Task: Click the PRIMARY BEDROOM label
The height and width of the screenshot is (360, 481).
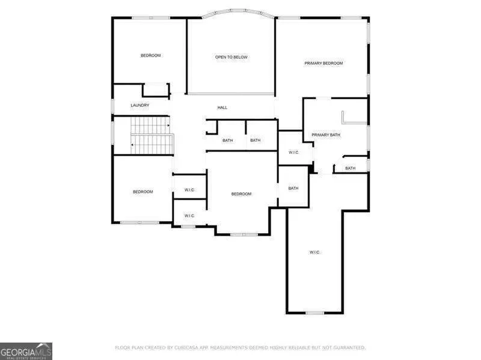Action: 323,63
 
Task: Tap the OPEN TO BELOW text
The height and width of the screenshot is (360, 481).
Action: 231,57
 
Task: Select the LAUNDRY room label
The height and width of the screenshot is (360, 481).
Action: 140,105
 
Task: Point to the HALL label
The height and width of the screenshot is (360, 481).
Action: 222,108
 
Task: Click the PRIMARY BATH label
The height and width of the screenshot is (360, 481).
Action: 326,135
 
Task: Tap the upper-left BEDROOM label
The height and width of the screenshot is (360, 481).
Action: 151,55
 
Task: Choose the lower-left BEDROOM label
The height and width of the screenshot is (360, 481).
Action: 143,192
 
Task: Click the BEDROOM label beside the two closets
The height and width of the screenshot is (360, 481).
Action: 242,194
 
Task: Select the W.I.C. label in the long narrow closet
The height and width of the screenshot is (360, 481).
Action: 314,252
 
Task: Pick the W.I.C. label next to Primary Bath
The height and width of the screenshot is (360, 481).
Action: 294,153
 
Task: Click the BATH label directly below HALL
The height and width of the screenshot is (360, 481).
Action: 228,141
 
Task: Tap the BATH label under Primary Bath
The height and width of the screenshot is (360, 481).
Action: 351,168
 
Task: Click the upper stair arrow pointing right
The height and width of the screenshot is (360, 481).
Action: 168,126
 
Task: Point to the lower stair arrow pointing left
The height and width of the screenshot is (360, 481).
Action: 132,144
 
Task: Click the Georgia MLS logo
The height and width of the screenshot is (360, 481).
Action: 26,352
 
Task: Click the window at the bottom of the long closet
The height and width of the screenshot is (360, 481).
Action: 314,313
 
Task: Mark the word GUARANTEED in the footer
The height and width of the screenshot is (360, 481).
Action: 349,348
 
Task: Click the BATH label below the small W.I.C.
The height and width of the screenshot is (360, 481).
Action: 293,188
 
